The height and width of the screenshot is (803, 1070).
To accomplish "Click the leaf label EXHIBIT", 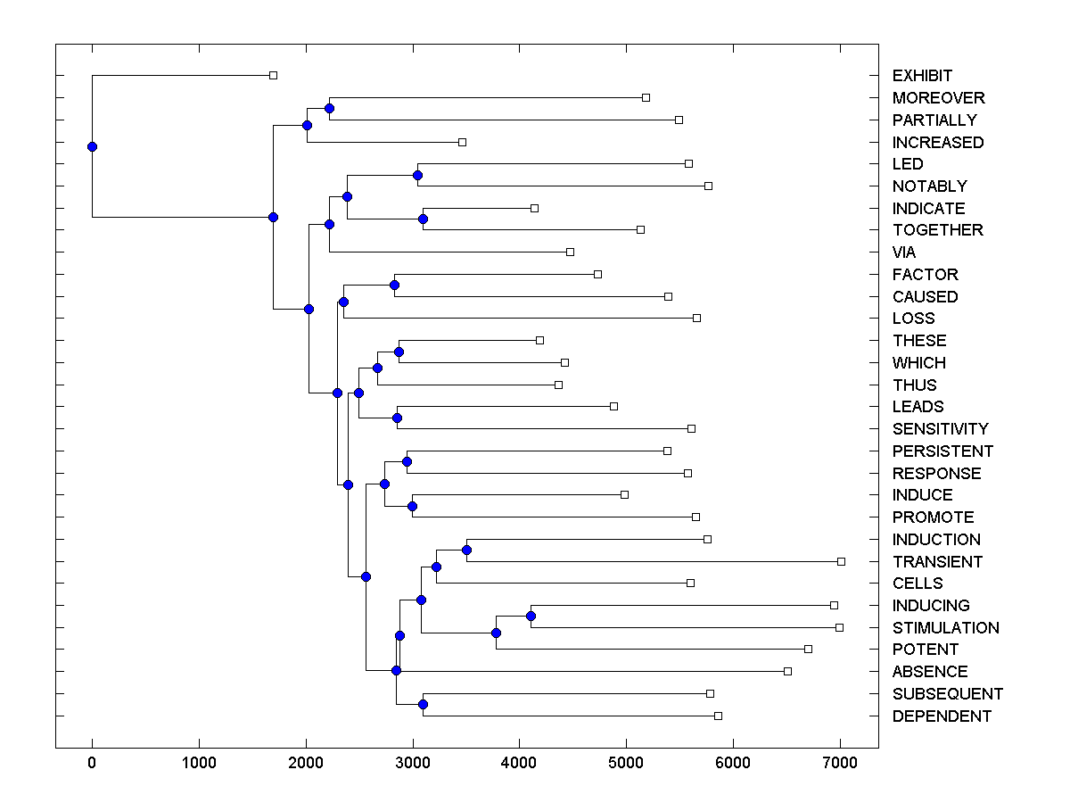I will pyautogui.click(x=922, y=76).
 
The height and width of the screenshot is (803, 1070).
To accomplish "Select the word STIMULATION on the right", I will pyautogui.click(x=945, y=628).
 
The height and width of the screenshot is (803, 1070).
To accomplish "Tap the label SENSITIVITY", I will pyautogui.click(x=940, y=429).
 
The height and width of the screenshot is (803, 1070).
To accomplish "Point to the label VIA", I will pyautogui.click(x=904, y=252).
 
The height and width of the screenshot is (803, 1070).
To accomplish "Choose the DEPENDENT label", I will pyautogui.click(x=942, y=716).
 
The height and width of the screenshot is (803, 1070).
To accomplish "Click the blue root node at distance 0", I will pyautogui.click(x=92, y=146).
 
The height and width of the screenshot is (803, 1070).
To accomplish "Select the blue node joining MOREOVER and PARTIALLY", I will pyautogui.click(x=329, y=108).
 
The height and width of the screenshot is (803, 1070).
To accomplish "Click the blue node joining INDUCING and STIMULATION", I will pyautogui.click(x=531, y=616).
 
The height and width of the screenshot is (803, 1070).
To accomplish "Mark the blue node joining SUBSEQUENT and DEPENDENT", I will pyautogui.click(x=423, y=705).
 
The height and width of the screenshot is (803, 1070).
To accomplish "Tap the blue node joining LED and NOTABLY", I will pyautogui.click(x=417, y=175).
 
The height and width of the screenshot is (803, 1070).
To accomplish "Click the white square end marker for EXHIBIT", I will pyautogui.click(x=273, y=75).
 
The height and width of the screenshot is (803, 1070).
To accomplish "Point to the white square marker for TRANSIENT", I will pyautogui.click(x=841, y=561).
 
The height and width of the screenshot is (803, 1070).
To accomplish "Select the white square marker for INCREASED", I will pyautogui.click(x=462, y=142).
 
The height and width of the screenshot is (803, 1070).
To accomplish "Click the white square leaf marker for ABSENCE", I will pyautogui.click(x=787, y=671).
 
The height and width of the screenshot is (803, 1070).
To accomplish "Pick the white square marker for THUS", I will pyautogui.click(x=558, y=385).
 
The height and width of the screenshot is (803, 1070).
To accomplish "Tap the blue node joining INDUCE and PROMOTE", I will pyautogui.click(x=412, y=506).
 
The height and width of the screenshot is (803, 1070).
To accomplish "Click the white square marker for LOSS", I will pyautogui.click(x=696, y=318).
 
